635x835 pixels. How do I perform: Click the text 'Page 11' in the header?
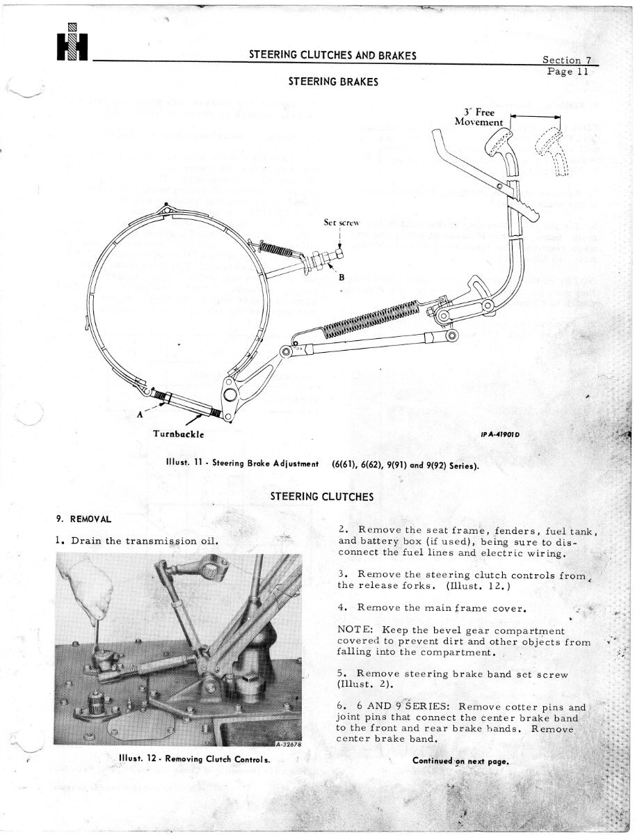pos(570,71)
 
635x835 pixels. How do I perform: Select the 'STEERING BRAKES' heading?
pos(333,81)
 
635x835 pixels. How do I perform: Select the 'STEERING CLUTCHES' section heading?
pos(321,496)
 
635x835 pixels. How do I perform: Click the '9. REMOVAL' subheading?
pos(83,518)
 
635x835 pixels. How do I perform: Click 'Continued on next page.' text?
pos(461,761)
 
